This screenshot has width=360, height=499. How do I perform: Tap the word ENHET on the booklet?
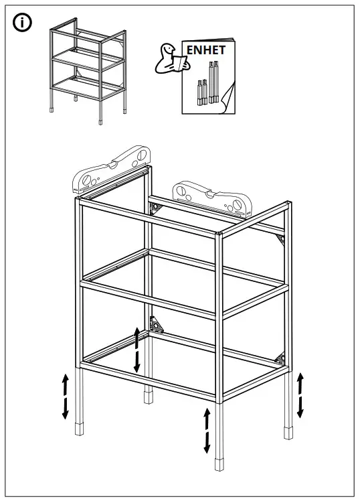205,49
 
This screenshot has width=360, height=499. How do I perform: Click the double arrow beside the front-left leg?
66,397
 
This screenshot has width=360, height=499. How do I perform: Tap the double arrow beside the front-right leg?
207,430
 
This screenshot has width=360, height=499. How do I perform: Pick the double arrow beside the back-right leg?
300,395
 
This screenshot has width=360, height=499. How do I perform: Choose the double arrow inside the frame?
137,350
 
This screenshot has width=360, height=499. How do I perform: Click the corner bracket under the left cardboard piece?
157,208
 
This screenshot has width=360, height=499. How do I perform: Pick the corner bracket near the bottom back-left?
157,326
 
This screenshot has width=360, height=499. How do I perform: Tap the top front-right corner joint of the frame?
221,234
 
